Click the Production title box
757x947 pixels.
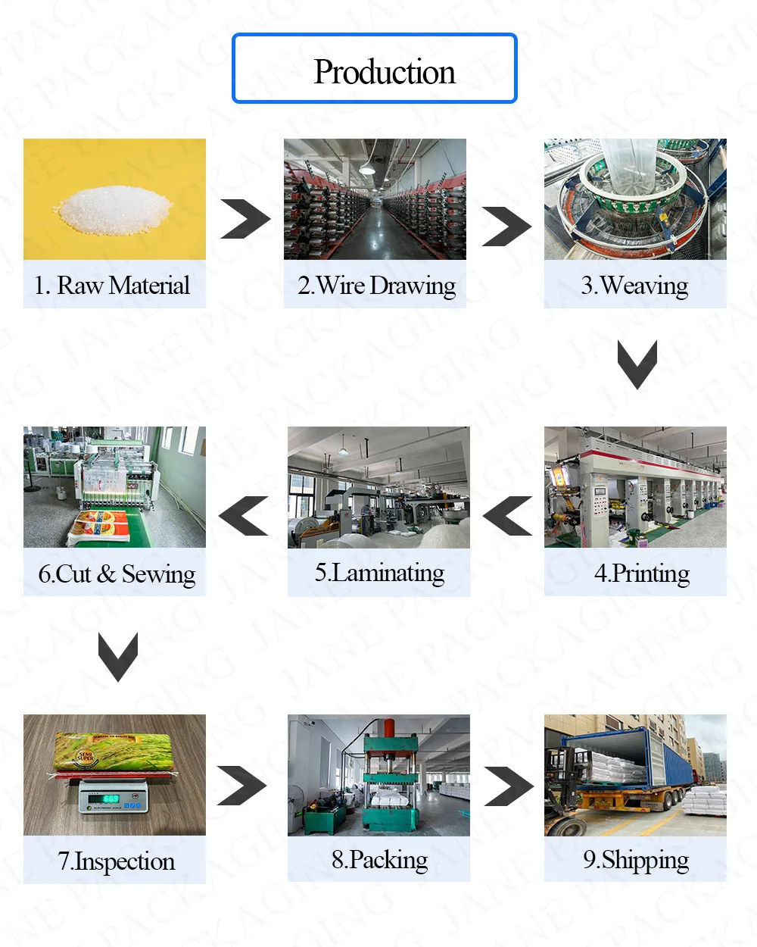point(375,69)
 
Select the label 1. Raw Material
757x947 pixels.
point(113,286)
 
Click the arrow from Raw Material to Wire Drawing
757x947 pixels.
point(245,220)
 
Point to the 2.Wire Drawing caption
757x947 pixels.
point(376,286)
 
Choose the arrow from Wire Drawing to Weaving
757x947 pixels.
point(506,226)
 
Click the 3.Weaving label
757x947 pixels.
point(635,286)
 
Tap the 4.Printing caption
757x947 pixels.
point(642,574)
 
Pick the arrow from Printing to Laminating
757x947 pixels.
point(507,516)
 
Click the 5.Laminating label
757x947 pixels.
point(379,573)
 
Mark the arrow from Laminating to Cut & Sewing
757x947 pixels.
point(244,516)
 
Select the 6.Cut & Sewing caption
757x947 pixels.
point(117,574)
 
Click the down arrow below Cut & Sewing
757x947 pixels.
point(117,656)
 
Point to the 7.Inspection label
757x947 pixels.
point(116,861)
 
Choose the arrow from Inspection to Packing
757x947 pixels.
point(241,786)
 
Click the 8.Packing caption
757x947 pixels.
point(379,860)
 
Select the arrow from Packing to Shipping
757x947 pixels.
point(509,786)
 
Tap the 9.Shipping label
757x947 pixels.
point(636,860)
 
